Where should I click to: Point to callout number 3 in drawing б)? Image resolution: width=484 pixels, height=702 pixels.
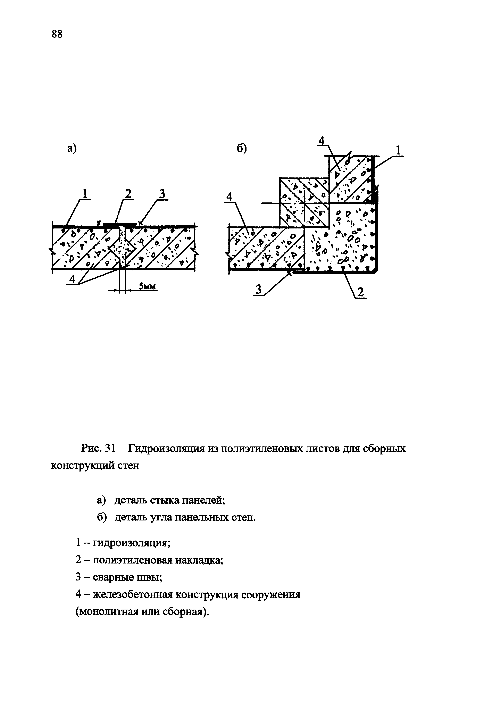258,290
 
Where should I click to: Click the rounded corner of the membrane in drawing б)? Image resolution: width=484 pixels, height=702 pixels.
375,270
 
